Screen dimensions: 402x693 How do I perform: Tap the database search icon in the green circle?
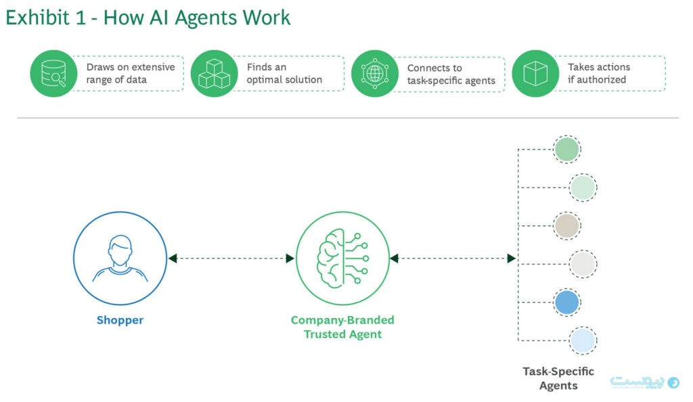tap(53, 74)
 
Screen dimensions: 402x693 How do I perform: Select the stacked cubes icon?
tap(214, 74)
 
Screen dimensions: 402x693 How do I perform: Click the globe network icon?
tap(374, 74)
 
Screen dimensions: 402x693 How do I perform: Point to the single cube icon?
tap(535, 74)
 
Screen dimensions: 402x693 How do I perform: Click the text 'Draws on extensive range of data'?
tap(130, 73)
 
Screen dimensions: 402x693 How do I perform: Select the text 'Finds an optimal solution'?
tap(284, 73)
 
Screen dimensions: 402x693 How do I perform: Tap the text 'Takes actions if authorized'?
tap(598, 73)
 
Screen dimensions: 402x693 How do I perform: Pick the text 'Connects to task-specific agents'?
tap(451, 74)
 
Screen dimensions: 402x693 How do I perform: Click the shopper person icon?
tap(120, 258)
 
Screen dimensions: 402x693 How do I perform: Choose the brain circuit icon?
tap(343, 258)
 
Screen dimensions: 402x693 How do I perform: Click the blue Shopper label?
tap(120, 320)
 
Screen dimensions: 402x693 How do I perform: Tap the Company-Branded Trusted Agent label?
tap(342, 327)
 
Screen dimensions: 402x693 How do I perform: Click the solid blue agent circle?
tap(566, 302)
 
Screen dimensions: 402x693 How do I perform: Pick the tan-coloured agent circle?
tap(566, 225)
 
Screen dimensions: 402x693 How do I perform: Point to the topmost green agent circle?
tap(566, 150)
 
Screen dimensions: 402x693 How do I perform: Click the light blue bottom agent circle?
tap(582, 340)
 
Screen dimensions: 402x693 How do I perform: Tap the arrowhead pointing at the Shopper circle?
tap(173, 258)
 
